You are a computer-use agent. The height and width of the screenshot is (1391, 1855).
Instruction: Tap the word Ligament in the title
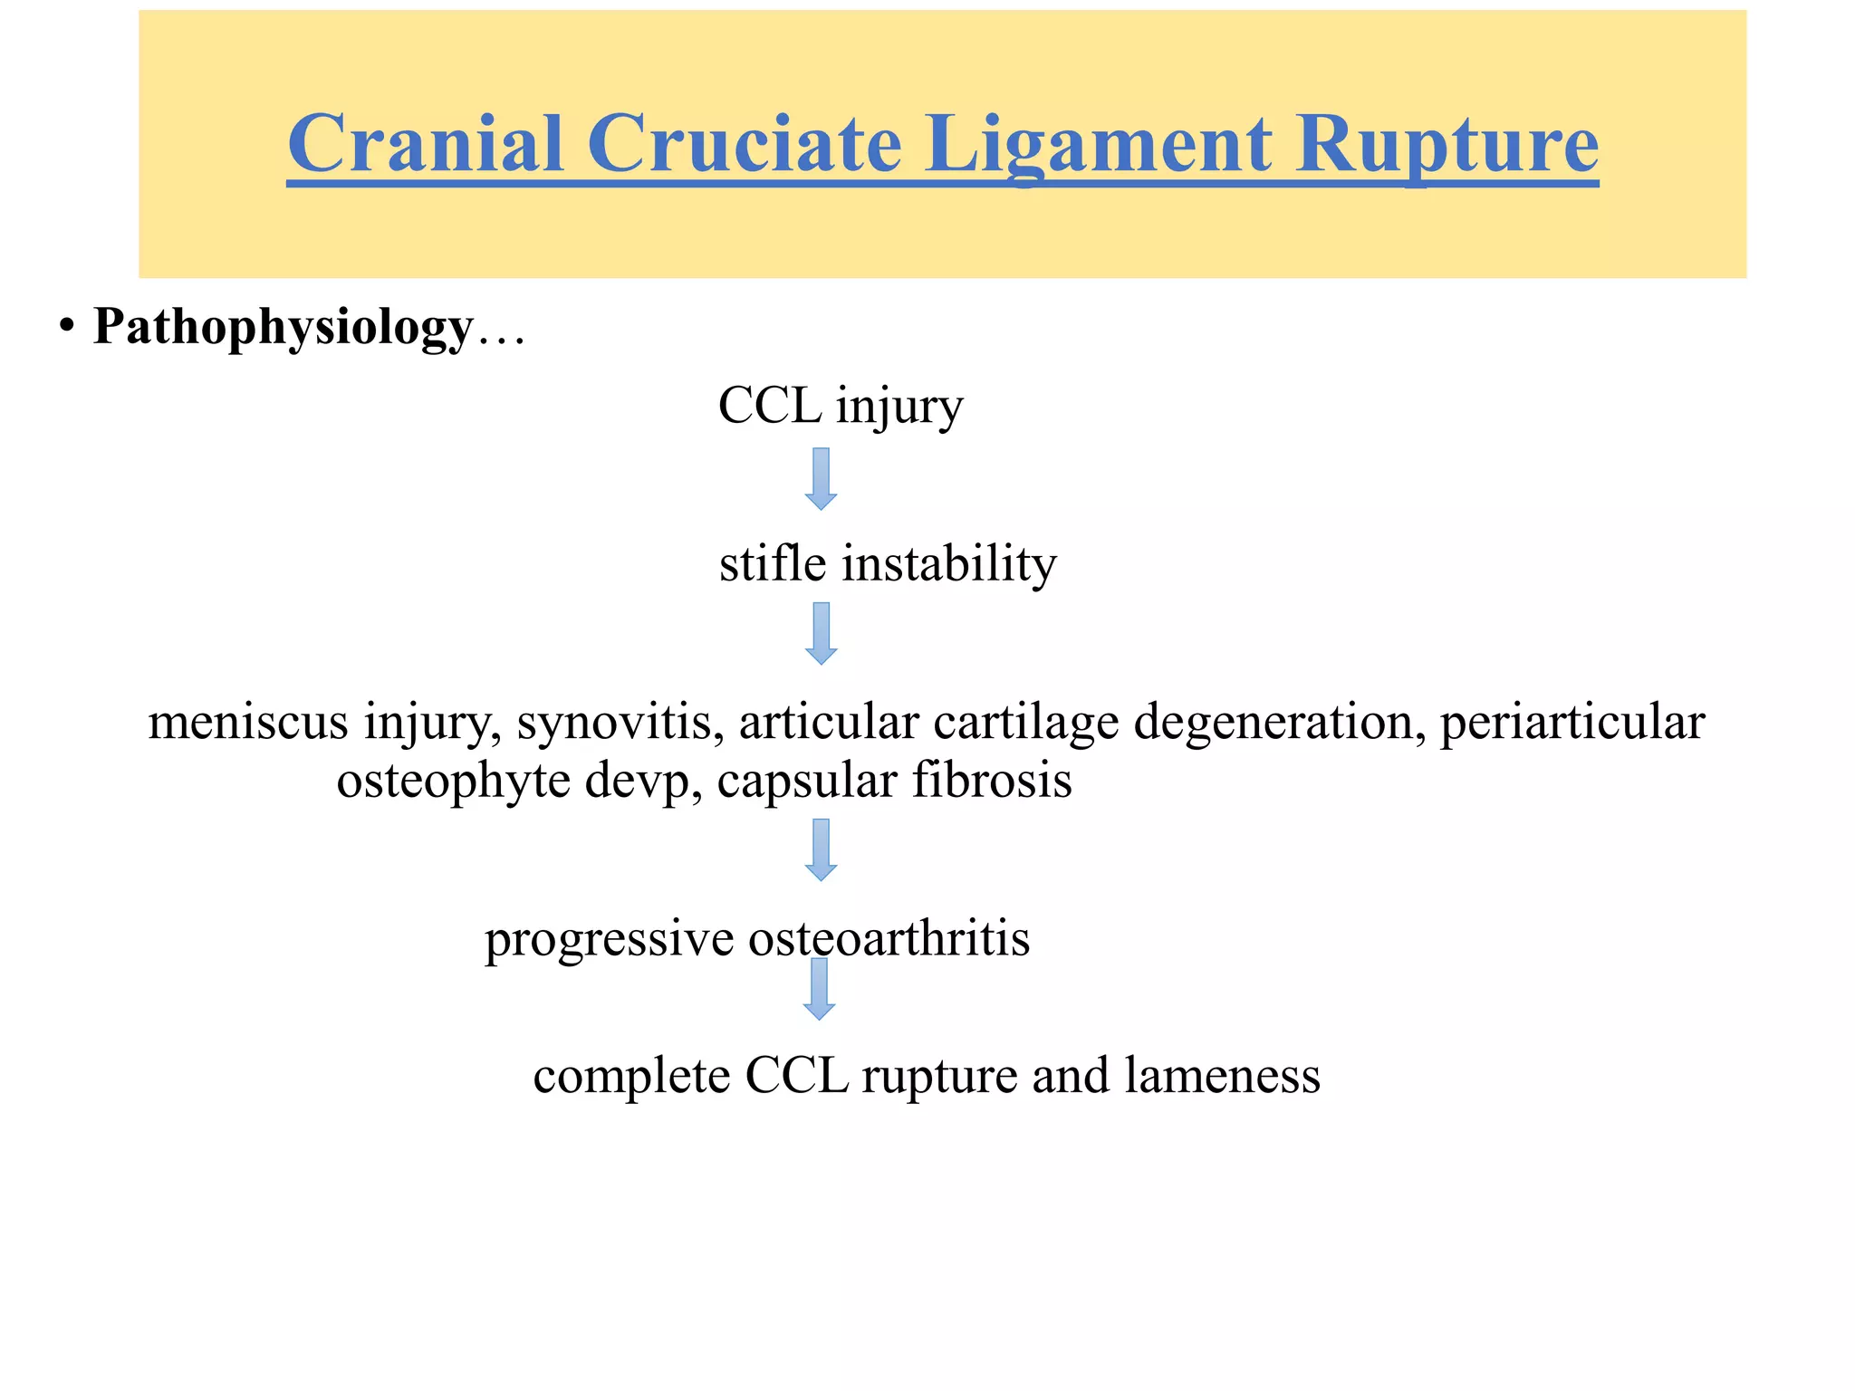[x=1097, y=145]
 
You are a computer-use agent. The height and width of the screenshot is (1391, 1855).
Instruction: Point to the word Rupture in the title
[x=1446, y=145]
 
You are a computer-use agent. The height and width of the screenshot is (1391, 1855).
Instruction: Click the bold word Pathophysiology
[x=283, y=327]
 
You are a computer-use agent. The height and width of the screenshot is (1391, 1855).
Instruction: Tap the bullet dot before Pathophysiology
[x=65, y=327]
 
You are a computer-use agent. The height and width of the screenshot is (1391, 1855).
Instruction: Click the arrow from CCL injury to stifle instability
[x=821, y=478]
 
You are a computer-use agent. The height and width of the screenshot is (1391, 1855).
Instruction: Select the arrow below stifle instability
[x=821, y=633]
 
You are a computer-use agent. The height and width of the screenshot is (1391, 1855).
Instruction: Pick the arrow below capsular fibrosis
[x=821, y=849]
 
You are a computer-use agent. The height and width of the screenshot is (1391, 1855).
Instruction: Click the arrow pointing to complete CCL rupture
[x=820, y=989]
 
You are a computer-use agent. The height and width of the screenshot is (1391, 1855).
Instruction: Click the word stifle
[x=773, y=563]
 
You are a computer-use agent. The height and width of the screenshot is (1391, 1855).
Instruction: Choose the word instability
[x=948, y=563]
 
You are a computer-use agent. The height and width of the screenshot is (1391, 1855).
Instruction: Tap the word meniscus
[x=248, y=722]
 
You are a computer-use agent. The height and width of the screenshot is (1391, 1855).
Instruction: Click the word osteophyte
[x=454, y=780]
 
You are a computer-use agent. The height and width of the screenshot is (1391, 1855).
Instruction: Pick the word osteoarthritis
[x=889, y=938]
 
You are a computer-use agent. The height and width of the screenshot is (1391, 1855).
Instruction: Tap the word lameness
[x=1222, y=1076]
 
